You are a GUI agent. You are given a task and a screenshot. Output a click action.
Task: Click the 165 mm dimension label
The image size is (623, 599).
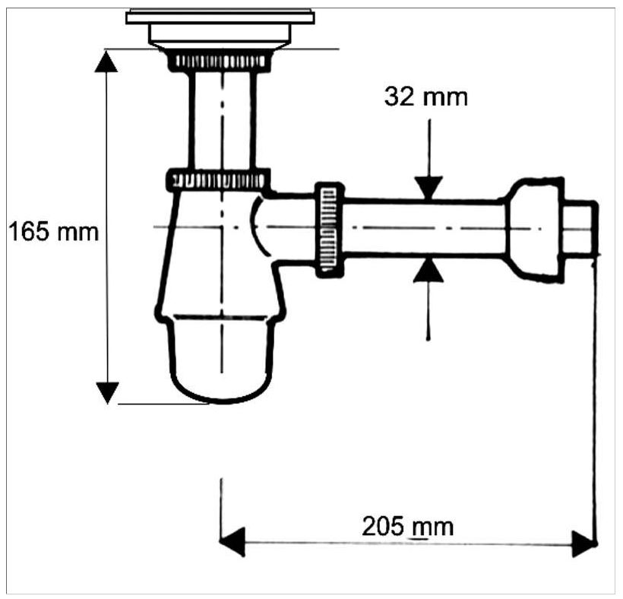pyautogui.click(x=53, y=232)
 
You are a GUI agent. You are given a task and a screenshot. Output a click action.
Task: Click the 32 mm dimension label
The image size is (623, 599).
pyautogui.click(x=426, y=97)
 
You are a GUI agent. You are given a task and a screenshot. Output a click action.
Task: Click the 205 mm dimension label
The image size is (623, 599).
pyautogui.click(x=408, y=527)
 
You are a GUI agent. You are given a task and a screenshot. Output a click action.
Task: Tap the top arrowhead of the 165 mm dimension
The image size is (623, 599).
pyautogui.click(x=106, y=62)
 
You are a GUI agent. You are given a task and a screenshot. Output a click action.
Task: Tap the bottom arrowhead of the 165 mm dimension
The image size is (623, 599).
pyautogui.click(x=107, y=393)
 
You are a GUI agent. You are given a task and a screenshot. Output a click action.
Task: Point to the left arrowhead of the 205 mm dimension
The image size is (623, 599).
pyautogui.click(x=232, y=542)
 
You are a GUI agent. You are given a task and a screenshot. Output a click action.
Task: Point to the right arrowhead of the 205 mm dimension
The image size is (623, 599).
pyautogui.click(x=583, y=544)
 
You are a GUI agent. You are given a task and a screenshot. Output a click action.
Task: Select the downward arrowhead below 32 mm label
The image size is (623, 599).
pyautogui.click(x=429, y=188)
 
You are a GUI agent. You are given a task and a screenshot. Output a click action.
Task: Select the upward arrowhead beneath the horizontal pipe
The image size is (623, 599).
pyautogui.click(x=428, y=271)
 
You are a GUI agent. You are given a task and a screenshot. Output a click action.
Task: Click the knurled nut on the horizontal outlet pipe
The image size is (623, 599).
pyautogui.click(x=330, y=230)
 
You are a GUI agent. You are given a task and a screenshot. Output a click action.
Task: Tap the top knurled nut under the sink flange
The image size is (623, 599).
pyautogui.click(x=220, y=61)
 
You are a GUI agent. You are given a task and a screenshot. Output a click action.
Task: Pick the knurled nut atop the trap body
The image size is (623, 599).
pyautogui.click(x=218, y=179)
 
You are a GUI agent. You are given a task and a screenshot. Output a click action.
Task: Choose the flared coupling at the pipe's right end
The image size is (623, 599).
pyautogui.click(x=535, y=230)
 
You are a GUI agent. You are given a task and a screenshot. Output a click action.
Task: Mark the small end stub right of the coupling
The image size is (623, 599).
pyautogui.click(x=581, y=228)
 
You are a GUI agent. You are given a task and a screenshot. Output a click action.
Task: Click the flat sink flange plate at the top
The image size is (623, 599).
pyautogui.click(x=220, y=17)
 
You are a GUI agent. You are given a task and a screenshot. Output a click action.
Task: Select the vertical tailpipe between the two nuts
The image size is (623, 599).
pyautogui.click(x=222, y=120)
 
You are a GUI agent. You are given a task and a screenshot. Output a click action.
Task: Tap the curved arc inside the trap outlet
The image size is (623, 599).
pyautogui.click(x=257, y=227)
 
